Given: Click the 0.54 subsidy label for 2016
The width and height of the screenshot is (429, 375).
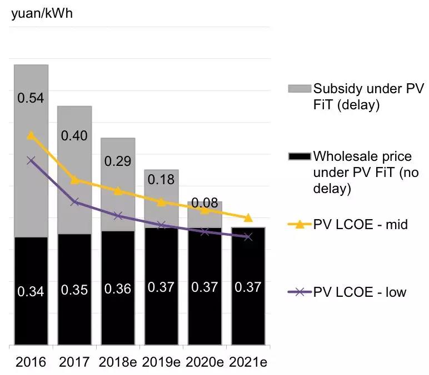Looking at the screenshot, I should [x=31, y=98].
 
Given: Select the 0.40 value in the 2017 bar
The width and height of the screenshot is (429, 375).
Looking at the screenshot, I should [x=74, y=136].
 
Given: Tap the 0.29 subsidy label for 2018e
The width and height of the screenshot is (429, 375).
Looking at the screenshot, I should [x=118, y=161].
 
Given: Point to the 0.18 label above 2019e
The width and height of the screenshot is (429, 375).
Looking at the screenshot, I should [x=161, y=179].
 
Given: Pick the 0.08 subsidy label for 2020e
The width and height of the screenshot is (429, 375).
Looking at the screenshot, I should [x=204, y=201].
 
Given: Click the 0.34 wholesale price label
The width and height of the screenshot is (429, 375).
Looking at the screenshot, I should [x=31, y=291].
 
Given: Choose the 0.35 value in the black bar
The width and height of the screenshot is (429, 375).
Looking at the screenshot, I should [x=74, y=290].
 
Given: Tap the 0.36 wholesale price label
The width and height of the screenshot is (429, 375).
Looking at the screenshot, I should [x=118, y=289].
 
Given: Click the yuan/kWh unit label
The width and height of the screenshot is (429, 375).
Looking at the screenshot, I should [x=42, y=13].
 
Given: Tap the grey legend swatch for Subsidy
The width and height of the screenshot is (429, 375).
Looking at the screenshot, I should [x=298, y=88].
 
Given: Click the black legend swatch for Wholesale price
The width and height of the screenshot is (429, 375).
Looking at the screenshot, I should [x=298, y=156].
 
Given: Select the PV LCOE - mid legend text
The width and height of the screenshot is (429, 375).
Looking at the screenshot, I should [x=361, y=225].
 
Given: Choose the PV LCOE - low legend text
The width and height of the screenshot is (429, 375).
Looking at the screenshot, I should [x=360, y=292].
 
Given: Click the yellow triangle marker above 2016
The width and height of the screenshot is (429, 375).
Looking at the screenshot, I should [x=31, y=135].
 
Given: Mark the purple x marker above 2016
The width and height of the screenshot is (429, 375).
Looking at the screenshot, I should [x=31, y=160].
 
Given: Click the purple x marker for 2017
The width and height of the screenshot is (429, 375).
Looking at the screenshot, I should [x=74, y=201].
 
